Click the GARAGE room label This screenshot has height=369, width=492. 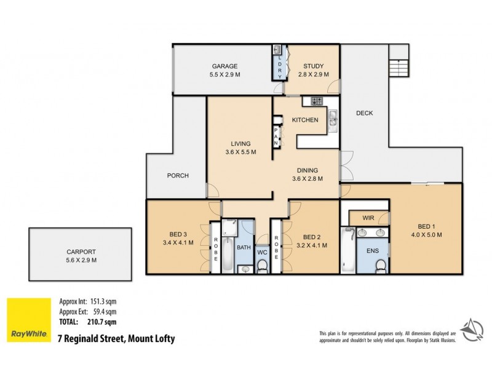pyautogui.click(x=224, y=66)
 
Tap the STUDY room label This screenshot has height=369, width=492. pyautogui.click(x=312, y=66)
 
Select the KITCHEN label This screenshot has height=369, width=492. pyautogui.click(x=304, y=120)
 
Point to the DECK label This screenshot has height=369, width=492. pyautogui.click(x=364, y=113)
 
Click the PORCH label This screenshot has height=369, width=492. pyautogui.click(x=178, y=175)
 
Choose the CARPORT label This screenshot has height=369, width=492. pyautogui.click(x=81, y=251)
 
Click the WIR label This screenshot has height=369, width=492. pyautogui.click(x=368, y=218)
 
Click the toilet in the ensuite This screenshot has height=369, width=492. pyautogui.click(x=381, y=264)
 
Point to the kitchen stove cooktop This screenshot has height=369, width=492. pyautogui.click(x=317, y=101)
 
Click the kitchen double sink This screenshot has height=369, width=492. pyautogui.click(x=333, y=118)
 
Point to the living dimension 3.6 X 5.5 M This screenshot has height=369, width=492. pyautogui.click(x=239, y=151)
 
